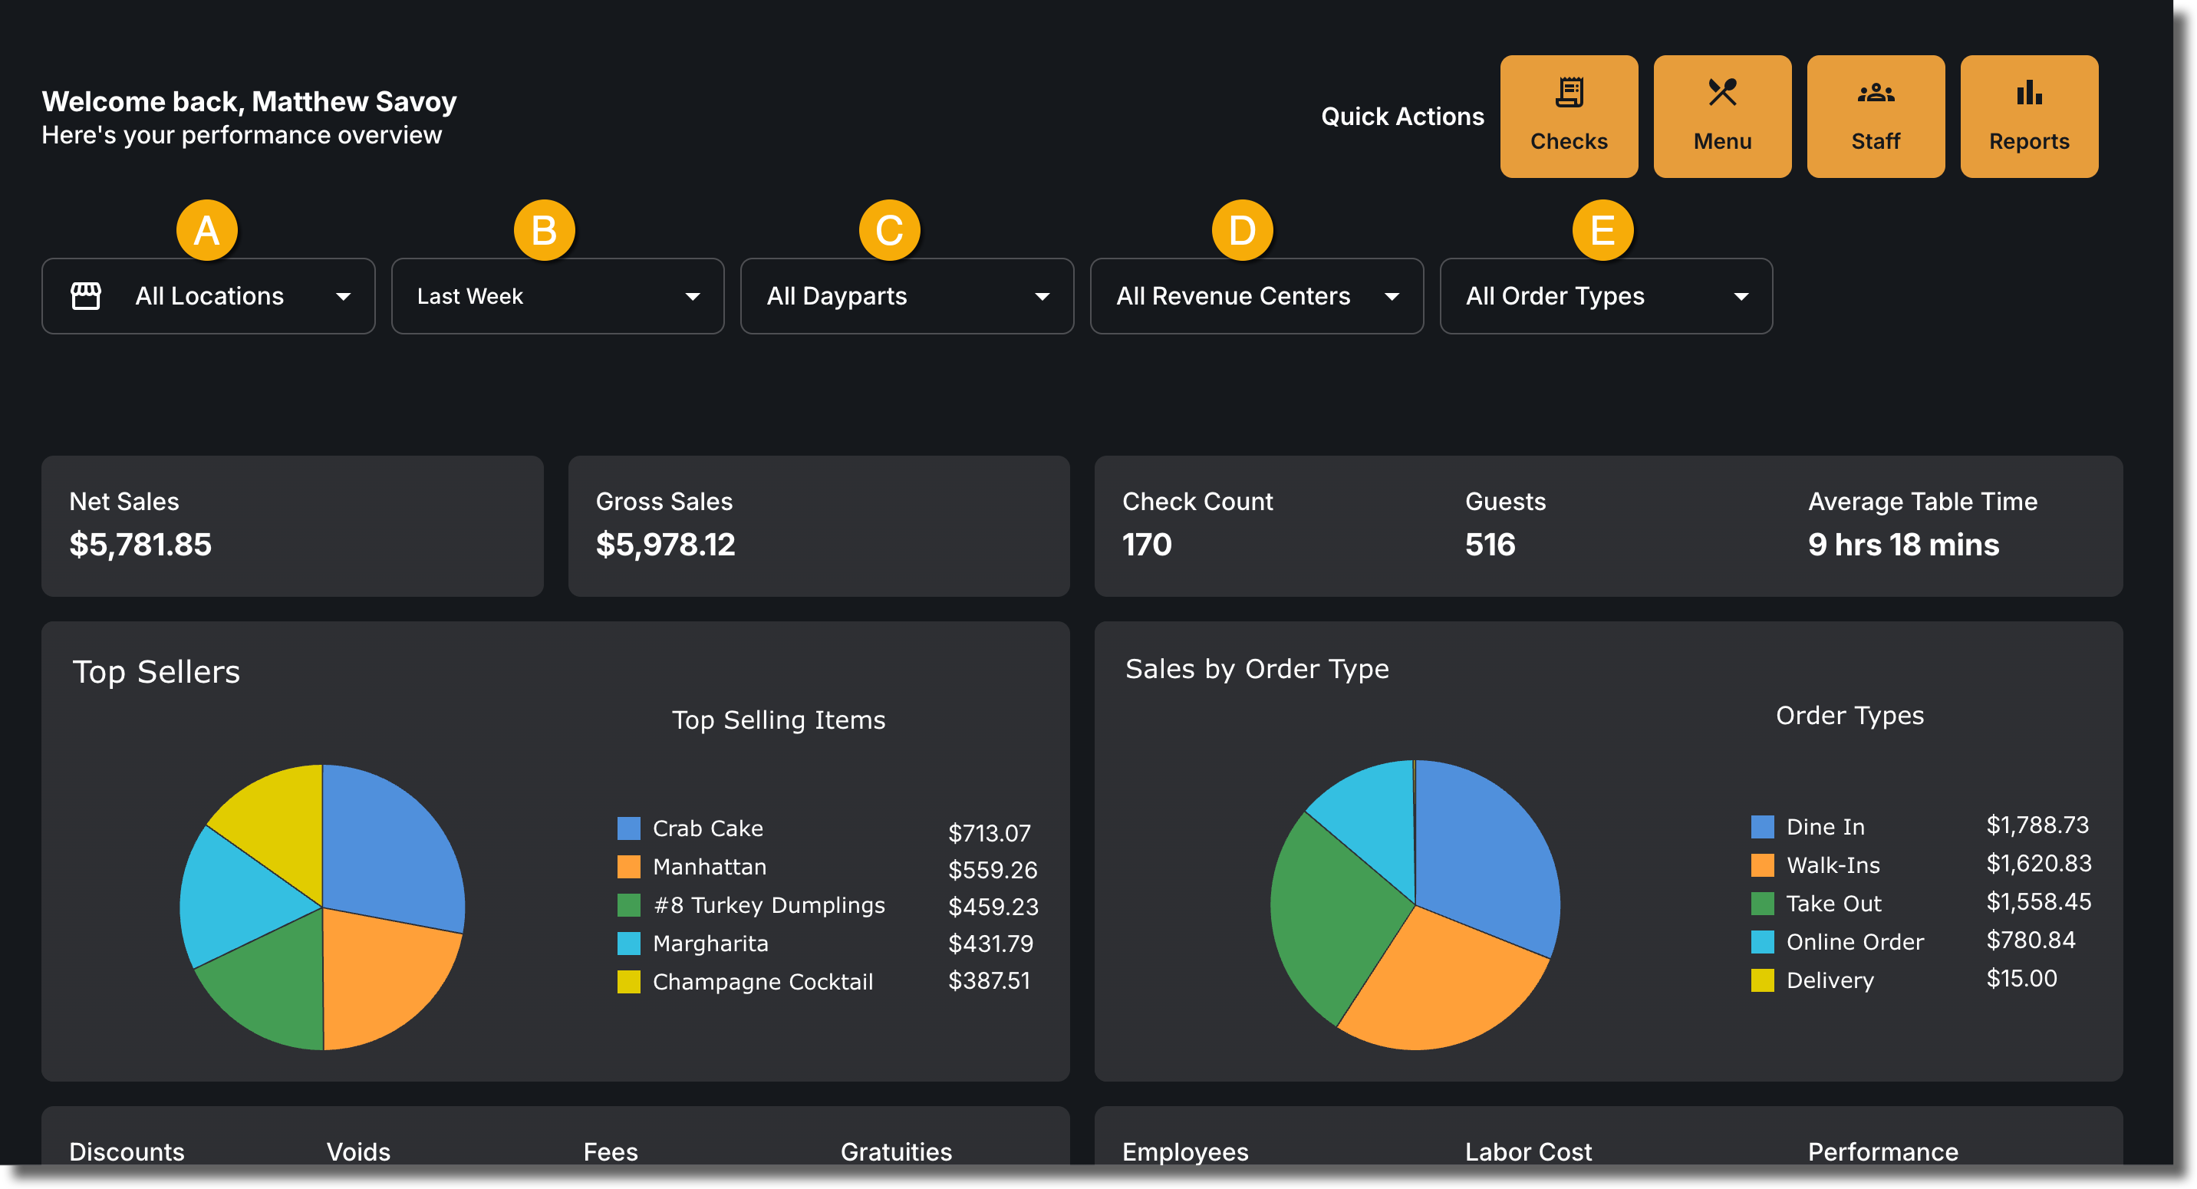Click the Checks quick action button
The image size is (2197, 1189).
(x=1569, y=117)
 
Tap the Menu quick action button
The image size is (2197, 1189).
(x=1722, y=117)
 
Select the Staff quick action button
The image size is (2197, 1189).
(x=1876, y=117)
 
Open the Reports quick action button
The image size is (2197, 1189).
(x=2029, y=117)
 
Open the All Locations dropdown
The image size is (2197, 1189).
(x=208, y=296)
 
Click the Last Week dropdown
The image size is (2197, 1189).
(x=558, y=296)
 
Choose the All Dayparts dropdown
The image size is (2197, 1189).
(x=907, y=296)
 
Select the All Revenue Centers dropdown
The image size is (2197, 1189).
(x=1257, y=296)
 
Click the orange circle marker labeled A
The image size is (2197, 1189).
(x=206, y=230)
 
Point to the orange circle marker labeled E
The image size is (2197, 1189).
(x=1602, y=230)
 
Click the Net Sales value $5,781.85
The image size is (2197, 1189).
(x=140, y=544)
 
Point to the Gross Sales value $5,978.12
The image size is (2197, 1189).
(x=665, y=544)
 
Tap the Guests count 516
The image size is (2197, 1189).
(x=1490, y=544)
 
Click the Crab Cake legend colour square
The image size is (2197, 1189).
(x=628, y=828)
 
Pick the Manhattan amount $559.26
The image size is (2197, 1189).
(x=993, y=869)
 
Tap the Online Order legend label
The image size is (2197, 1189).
(x=1855, y=942)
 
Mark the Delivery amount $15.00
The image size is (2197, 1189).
(x=2021, y=978)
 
